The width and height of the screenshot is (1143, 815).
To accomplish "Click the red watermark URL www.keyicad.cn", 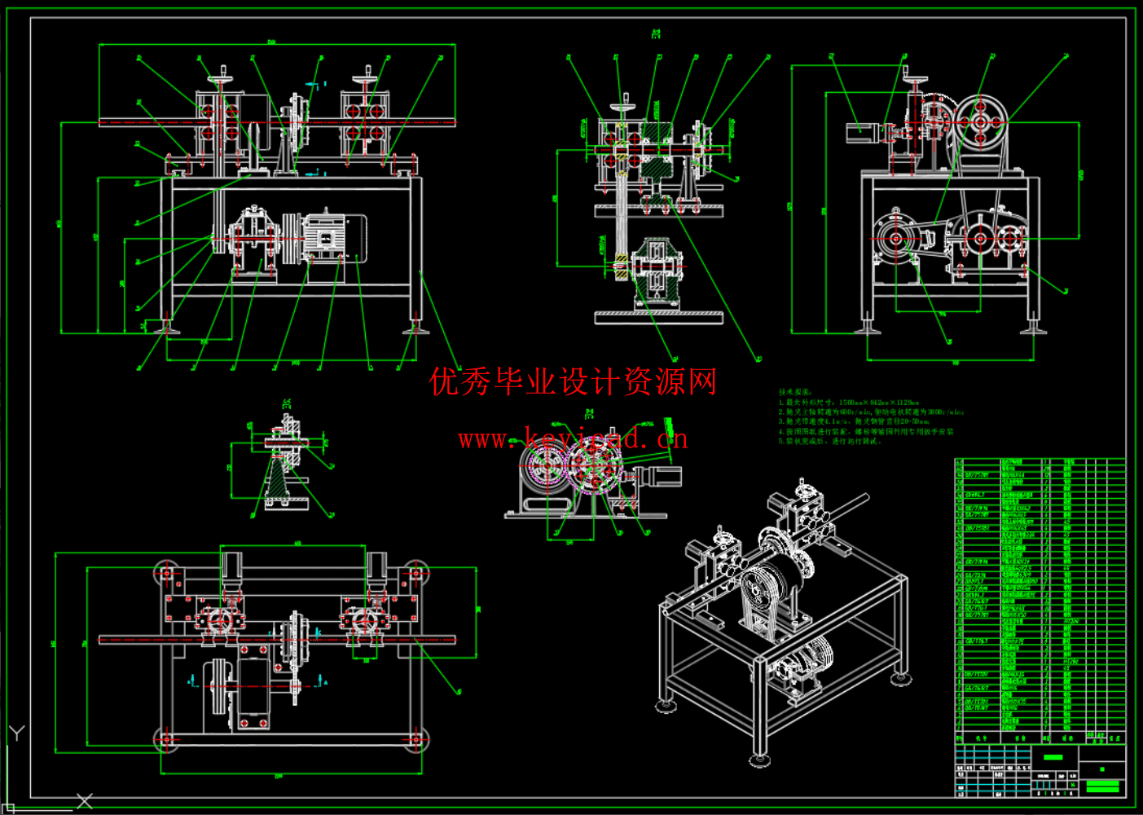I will pyautogui.click(x=573, y=439).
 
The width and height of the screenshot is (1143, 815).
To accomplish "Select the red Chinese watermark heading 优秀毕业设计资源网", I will pyautogui.click(x=573, y=381).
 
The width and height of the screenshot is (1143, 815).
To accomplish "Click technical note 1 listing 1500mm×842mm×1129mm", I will pyautogui.click(x=849, y=403).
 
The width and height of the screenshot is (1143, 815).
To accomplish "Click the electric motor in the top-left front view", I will pyautogui.click(x=334, y=238).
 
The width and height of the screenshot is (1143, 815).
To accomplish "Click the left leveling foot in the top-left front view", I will pyautogui.click(x=167, y=328).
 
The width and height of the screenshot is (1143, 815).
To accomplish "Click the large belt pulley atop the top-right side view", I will pyautogui.click(x=981, y=122).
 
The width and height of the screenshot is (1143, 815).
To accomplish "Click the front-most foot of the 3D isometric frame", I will pyautogui.click(x=759, y=760).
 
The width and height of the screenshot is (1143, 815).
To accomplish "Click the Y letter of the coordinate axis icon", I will pyautogui.click(x=16, y=733).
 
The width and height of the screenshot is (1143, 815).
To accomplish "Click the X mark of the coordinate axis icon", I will pyautogui.click(x=85, y=801).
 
